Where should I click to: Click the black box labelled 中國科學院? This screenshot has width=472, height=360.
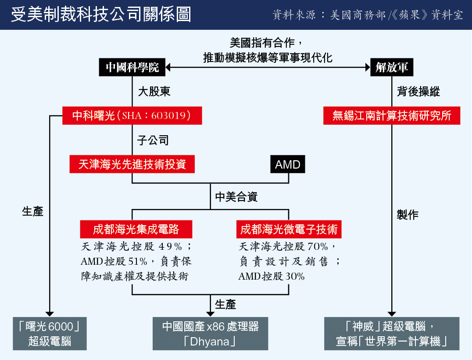tap(132, 67)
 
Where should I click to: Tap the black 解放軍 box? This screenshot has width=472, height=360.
tap(392, 67)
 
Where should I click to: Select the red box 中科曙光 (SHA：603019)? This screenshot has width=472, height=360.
tap(132, 115)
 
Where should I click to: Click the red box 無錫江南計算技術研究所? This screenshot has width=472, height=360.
tap(392, 115)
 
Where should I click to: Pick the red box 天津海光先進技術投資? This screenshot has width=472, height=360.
tap(132, 164)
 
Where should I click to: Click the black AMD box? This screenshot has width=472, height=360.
tap(288, 164)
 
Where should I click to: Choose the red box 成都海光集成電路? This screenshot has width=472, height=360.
tap(136, 229)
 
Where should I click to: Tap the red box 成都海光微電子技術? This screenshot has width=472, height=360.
tap(289, 229)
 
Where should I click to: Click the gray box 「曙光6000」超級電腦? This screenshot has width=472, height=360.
tap(50, 334)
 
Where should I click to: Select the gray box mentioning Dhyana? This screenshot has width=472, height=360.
tap(211, 334)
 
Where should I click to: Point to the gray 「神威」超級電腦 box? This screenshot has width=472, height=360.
tap(392, 334)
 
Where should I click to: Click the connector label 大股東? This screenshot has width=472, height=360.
tap(154, 92)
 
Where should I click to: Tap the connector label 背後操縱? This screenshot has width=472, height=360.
tap(418, 92)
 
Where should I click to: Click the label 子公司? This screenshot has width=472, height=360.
tap(153, 140)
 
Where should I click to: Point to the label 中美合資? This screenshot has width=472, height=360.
tap(236, 197)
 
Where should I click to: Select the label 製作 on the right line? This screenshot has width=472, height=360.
tap(408, 215)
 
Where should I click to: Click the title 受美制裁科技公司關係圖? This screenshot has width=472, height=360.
tap(101, 14)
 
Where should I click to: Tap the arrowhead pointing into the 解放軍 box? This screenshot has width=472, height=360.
tap(368, 67)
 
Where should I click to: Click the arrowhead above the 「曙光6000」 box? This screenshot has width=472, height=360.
tap(50, 314)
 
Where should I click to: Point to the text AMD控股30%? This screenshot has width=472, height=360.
tap(272, 276)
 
